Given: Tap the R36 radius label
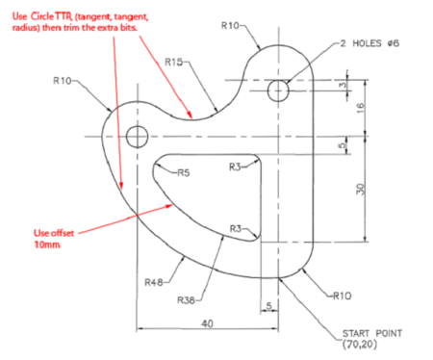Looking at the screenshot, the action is click(187, 300).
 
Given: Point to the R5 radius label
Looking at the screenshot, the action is click(182, 173).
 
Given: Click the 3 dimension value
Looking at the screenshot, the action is click(341, 86).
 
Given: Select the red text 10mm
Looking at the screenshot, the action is click(47, 244).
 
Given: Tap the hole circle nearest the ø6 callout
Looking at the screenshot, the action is click(278, 91).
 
